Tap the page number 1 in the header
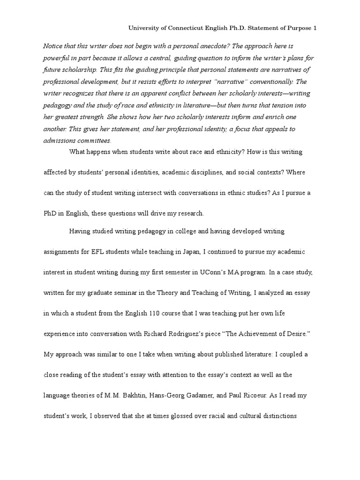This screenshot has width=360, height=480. (315, 28)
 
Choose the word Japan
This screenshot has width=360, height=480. (190, 252)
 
